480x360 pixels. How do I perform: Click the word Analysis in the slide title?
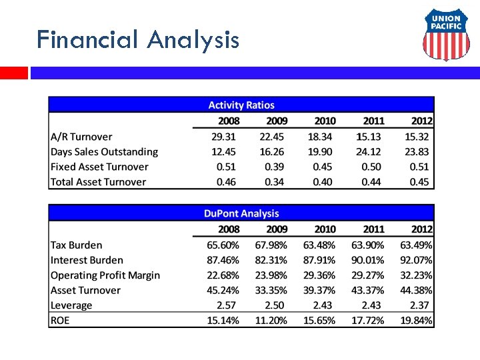[x=193, y=40]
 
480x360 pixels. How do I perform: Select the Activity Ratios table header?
[x=241, y=105]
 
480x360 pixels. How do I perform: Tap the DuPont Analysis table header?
[x=241, y=213]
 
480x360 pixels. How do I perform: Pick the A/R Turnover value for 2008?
[x=223, y=137]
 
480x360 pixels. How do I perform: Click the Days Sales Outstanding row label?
[x=104, y=152]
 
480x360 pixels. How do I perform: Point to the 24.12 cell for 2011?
[x=370, y=152]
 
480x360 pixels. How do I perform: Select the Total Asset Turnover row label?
[x=98, y=182]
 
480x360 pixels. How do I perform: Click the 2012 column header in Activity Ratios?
[x=418, y=121]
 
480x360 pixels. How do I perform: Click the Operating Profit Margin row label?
[x=105, y=275]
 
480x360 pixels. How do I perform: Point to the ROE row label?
[x=60, y=320]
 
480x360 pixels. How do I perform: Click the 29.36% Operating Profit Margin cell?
[x=319, y=275]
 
